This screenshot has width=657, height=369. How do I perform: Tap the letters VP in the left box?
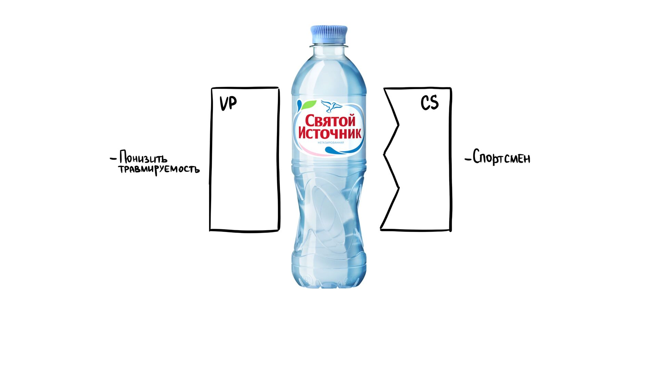(x=228, y=103)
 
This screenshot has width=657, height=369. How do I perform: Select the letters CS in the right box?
(x=429, y=102)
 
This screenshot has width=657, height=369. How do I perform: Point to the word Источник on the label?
(x=330, y=133)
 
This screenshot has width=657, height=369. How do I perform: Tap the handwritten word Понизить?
(x=143, y=158)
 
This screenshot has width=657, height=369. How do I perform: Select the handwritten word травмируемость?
(x=159, y=169)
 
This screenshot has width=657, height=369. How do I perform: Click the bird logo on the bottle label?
(x=331, y=106)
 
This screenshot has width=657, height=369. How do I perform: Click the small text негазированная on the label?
(x=331, y=142)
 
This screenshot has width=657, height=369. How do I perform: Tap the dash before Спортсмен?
(x=468, y=159)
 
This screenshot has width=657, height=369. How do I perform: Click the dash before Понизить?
(x=113, y=159)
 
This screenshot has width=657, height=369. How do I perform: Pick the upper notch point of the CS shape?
(x=398, y=125)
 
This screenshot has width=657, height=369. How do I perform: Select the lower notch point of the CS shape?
(x=399, y=187)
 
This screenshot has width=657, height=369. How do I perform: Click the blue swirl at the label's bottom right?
(x=339, y=150)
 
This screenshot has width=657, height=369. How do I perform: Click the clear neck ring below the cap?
(x=329, y=45)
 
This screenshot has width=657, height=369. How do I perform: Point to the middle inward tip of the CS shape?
(x=384, y=154)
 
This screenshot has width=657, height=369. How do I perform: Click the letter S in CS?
(x=434, y=102)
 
